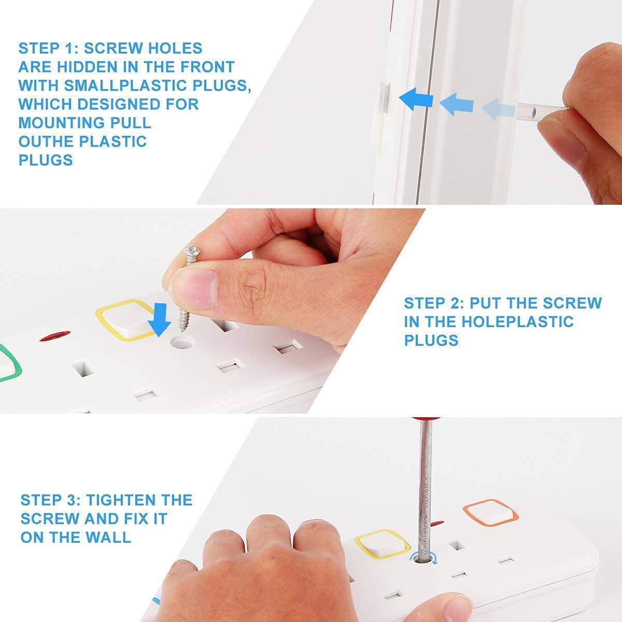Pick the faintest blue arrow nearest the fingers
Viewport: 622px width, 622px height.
[x=498, y=109]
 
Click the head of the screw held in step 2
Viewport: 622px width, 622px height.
[x=192, y=251]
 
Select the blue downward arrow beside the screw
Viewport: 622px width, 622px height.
[x=160, y=319]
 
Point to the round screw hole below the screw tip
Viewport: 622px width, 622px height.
[x=182, y=343]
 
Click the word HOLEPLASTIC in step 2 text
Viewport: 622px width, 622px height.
[x=517, y=322]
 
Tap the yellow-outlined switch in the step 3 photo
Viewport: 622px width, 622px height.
[x=383, y=544]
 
